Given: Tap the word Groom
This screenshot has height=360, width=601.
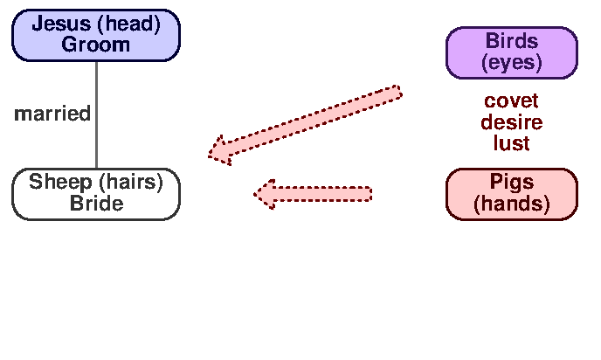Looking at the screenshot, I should click(x=95, y=45).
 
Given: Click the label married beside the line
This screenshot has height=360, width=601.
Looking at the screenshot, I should click(x=52, y=114).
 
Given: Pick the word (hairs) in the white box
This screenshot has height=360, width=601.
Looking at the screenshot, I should click(x=130, y=183).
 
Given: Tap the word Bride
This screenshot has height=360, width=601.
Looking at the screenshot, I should click(x=96, y=204).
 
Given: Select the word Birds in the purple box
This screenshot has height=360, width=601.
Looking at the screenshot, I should click(x=512, y=41).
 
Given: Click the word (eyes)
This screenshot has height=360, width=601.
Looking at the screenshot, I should click(x=512, y=62).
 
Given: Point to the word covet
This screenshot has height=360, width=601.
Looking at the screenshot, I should click(x=512, y=101).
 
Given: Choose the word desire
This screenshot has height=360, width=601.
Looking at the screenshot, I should click(x=512, y=122).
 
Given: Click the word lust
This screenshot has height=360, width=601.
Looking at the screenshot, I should click(x=512, y=143).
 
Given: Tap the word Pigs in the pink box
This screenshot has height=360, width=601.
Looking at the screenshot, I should click(x=512, y=183).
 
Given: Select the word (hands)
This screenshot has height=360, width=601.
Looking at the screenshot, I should click(x=512, y=204).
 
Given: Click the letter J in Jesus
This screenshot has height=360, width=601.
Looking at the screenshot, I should click(x=38, y=24).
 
